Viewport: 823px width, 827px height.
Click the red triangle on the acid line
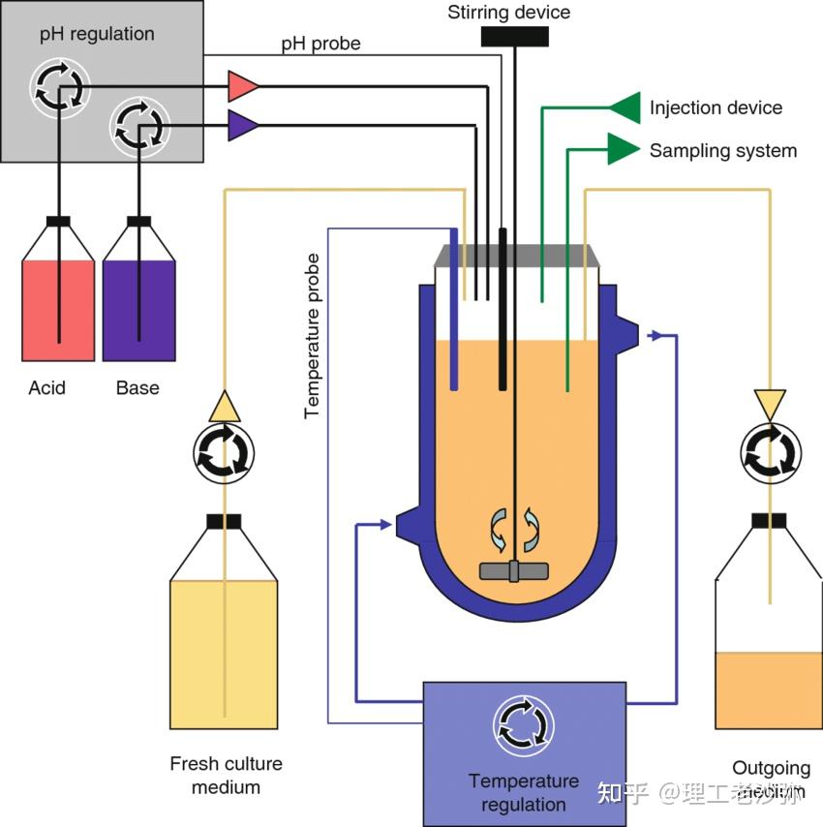(242, 86)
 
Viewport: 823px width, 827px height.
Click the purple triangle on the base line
(242, 125)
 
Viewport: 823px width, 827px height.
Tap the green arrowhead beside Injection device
(625, 107)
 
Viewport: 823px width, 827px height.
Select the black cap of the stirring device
(513, 37)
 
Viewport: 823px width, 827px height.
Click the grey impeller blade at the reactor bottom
(513, 571)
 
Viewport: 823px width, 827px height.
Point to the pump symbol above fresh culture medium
(224, 451)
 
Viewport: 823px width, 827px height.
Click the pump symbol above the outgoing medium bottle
(771, 450)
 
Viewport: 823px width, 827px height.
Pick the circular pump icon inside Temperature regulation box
(523, 725)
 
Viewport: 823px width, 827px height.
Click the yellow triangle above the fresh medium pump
(224, 406)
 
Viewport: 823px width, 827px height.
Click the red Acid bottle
(58, 310)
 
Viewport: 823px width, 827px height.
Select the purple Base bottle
(138, 310)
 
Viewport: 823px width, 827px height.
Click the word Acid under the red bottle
(46, 388)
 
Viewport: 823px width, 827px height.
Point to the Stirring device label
(508, 13)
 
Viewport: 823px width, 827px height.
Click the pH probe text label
(320, 45)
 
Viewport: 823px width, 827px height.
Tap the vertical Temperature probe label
(312, 335)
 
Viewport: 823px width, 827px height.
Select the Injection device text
(716, 107)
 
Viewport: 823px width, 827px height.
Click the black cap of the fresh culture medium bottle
(224, 522)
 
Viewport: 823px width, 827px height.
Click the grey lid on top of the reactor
(513, 256)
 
